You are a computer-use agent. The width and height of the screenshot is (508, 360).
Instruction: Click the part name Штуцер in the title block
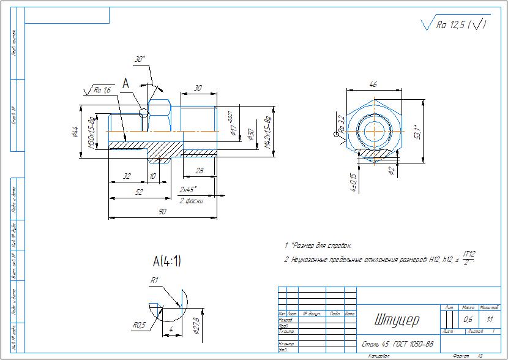[396, 320]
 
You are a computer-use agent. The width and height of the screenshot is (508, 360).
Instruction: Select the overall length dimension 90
[163, 211]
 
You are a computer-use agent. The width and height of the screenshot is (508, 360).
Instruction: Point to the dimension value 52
[139, 192]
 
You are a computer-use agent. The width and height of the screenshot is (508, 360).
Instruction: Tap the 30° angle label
[140, 59]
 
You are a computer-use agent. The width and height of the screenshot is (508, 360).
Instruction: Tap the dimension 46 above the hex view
[373, 84]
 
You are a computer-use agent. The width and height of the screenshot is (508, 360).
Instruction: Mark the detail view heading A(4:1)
[167, 261]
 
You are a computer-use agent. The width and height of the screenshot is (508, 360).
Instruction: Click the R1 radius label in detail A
[155, 280]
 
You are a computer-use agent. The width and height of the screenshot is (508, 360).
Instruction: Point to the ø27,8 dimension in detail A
[196, 323]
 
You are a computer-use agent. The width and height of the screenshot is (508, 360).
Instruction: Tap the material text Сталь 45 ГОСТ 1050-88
[398, 344]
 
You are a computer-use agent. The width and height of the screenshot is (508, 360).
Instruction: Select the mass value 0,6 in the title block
[468, 320]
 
